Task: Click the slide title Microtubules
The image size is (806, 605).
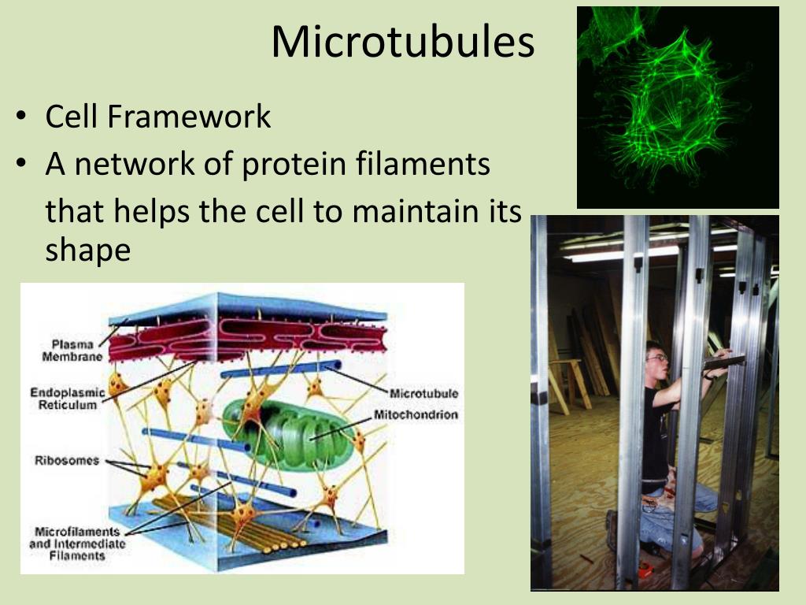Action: tap(403, 42)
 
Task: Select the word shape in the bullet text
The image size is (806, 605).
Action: tap(88, 251)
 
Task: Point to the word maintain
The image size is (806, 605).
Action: tap(416, 211)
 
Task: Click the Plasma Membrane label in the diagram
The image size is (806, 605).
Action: tap(72, 351)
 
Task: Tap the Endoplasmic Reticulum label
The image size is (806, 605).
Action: tap(67, 399)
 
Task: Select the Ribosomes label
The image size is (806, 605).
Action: tap(67, 460)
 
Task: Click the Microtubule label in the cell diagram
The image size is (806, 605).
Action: tap(423, 394)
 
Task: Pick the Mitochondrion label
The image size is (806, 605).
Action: tap(416, 414)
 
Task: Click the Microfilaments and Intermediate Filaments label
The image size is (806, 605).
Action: tap(77, 544)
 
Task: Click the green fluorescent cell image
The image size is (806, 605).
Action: tap(678, 107)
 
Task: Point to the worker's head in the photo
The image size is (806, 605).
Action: tap(656, 358)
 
